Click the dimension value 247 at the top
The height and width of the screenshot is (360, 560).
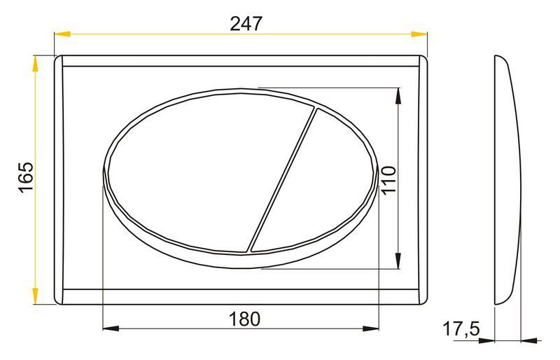pos(246,24)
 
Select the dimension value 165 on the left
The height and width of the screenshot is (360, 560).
pos(27,178)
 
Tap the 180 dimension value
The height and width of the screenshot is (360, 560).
pos(244,319)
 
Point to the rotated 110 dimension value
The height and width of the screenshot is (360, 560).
pos(389,180)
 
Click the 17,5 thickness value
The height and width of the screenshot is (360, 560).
pos(461,329)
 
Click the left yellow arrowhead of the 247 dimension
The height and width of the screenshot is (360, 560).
pos(62,34)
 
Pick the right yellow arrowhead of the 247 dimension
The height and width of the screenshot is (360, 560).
pos(419,34)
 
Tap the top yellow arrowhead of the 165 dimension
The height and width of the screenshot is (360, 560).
pos(35,64)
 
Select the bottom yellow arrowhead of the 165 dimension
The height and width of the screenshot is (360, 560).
pos(35,296)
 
